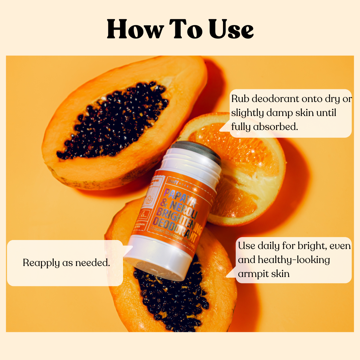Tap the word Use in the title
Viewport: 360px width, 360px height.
pos(231,30)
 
